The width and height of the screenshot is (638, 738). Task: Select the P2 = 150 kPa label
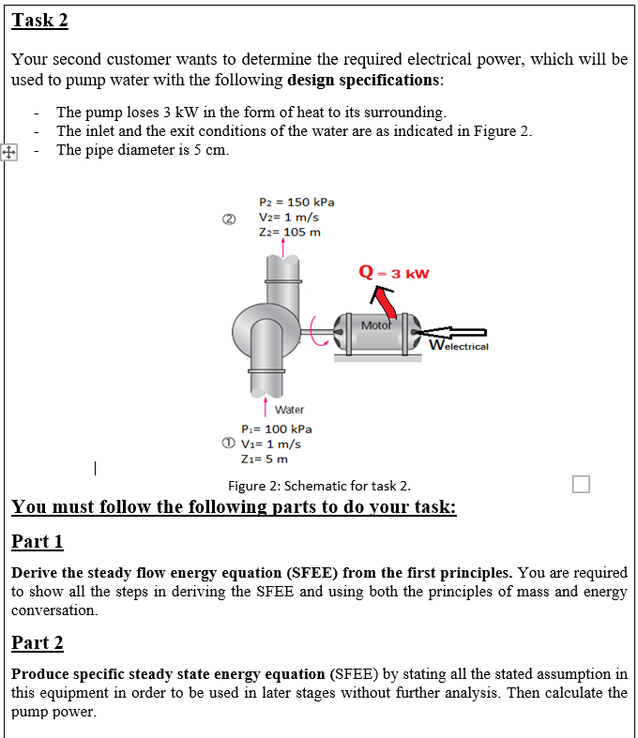296,202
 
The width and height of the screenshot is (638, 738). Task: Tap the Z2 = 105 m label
289,232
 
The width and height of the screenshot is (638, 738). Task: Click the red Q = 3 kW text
394,274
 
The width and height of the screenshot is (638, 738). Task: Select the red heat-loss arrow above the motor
384,301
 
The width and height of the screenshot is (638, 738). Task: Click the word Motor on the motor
375,326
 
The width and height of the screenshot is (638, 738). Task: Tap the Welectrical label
460,346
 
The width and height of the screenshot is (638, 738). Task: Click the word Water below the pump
289,410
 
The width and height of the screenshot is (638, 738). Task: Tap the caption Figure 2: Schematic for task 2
319,485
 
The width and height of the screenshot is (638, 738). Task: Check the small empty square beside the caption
581,484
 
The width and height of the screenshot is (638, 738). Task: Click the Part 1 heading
38,541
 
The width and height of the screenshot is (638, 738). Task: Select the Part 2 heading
38,642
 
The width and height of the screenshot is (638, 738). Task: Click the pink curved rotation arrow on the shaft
325,329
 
